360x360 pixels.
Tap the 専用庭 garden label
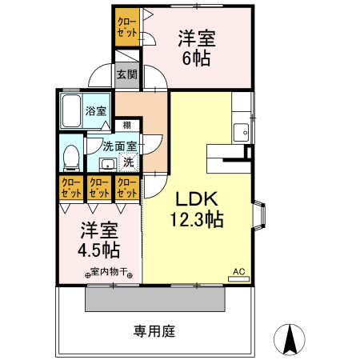click(x=154, y=330)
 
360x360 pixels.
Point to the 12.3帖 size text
click(x=196, y=219)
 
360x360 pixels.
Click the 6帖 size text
click(x=197, y=58)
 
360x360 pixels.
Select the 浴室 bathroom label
click(x=96, y=110)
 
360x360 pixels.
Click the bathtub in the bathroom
click(x=70, y=112)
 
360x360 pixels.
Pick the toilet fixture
click(x=70, y=155)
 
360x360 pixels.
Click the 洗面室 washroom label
click(x=120, y=146)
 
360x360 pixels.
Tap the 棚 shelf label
click(x=126, y=125)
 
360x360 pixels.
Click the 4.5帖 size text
click(x=98, y=249)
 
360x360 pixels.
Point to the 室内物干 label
click(x=106, y=272)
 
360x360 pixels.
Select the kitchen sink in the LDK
click(x=241, y=132)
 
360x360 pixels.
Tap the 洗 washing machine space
click(x=128, y=162)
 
